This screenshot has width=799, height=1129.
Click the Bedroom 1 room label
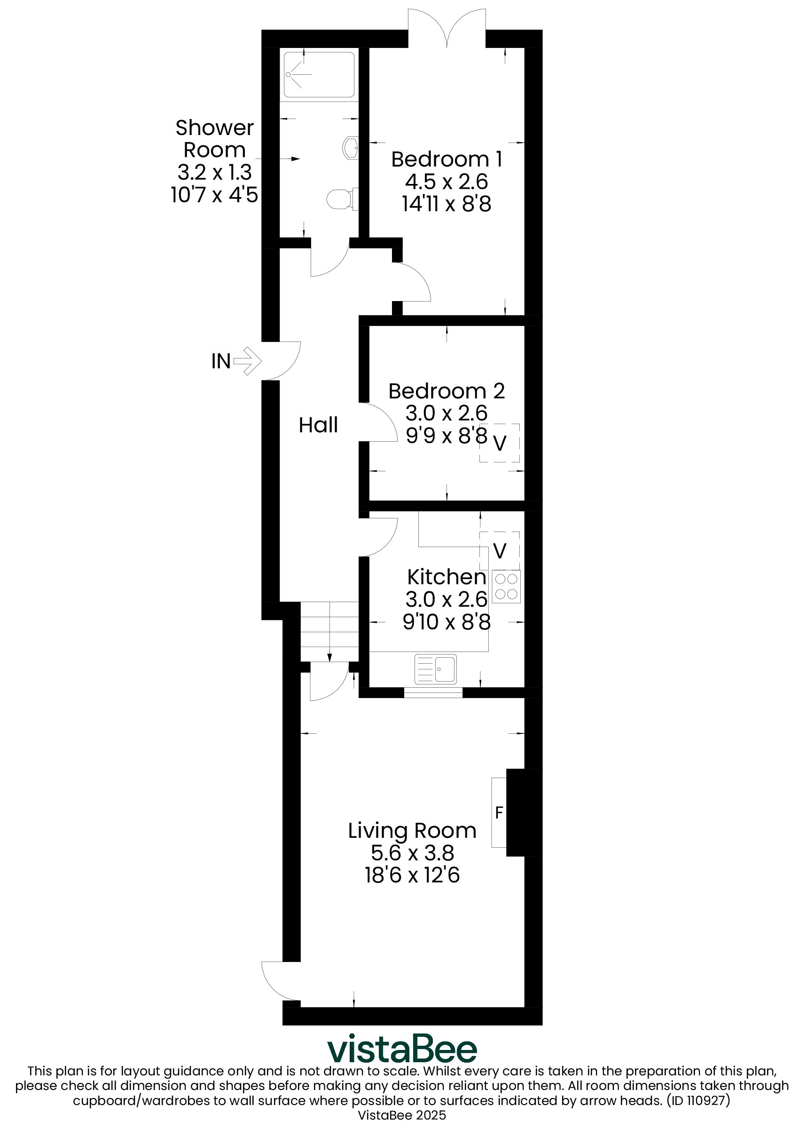pyautogui.click(x=446, y=159)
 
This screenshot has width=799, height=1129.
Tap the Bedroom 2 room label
pyautogui.click(x=446, y=391)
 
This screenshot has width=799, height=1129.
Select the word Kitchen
pyautogui.click(x=446, y=577)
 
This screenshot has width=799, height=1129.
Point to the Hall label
pyautogui.click(x=318, y=425)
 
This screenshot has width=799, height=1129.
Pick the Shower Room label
pyautogui.click(x=214, y=139)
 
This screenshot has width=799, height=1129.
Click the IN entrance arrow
pyautogui.click(x=248, y=361)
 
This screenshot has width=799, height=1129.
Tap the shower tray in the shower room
pyautogui.click(x=319, y=74)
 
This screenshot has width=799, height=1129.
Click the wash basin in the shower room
pyautogui.click(x=350, y=147)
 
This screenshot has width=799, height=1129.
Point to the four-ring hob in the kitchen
pyautogui.click(x=506, y=587)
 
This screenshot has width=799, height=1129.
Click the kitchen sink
pyautogui.click(x=435, y=669)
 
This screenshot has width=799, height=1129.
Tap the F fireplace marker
pyautogui.click(x=499, y=812)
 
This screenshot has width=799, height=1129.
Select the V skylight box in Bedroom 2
pyautogui.click(x=500, y=443)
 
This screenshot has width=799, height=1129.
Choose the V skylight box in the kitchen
pyautogui.click(x=500, y=550)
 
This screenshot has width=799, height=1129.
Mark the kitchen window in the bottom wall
pyautogui.click(x=433, y=693)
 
